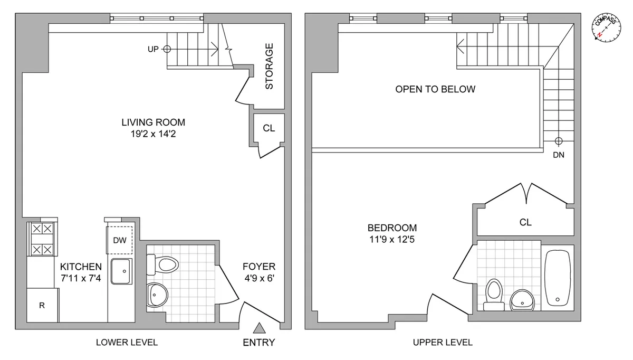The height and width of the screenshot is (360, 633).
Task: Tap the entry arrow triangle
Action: pos(258,329)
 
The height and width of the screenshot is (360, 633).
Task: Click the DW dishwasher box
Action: pos(120,240)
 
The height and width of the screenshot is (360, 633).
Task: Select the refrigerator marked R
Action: pos(42,305)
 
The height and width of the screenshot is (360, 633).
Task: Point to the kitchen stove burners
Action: pos(42,239)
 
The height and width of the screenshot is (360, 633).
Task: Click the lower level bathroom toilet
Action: pos(163,263)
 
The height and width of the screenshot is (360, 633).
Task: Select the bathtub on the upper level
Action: pos(557,278)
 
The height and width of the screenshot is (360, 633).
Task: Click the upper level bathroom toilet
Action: pos(494,293)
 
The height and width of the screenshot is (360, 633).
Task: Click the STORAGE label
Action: pos(269,66)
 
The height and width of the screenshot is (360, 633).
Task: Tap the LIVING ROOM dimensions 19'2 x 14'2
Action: pos(153,134)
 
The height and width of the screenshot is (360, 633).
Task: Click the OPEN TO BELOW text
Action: pos(435,89)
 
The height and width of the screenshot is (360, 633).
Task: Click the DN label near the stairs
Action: pos(558,155)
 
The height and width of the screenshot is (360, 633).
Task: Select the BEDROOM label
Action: pos(392,228)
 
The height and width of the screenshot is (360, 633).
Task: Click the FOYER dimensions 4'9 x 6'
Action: pos(258,278)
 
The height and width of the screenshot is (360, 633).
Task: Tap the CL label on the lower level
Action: pos(268,128)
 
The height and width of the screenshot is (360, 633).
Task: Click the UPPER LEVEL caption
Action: pos(442,343)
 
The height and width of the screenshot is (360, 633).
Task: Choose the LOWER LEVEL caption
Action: pos(127,343)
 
